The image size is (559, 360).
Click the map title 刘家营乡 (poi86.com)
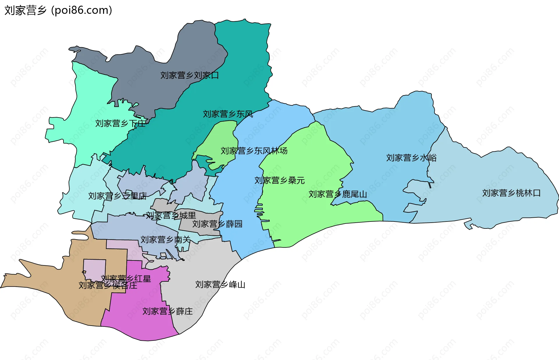click(x=58, y=10)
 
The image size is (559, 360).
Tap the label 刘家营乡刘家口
click(x=190, y=75)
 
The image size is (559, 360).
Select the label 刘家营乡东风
click(x=228, y=114)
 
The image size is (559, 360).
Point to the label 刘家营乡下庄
click(x=120, y=123)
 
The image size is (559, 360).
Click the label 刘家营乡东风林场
click(x=254, y=151)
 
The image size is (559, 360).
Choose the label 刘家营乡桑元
click(x=279, y=180)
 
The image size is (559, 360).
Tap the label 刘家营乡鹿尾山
click(x=337, y=194)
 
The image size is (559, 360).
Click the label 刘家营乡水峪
click(x=411, y=158)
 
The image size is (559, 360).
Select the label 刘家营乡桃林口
click(x=511, y=193)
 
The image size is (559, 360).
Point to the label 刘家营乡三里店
click(x=117, y=196)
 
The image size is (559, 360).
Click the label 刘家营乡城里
click(x=171, y=215)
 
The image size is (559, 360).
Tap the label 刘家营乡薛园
click(x=217, y=224)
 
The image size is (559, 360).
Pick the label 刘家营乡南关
click(x=165, y=240)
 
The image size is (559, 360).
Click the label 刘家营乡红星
click(x=126, y=279)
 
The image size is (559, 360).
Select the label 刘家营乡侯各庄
click(x=108, y=285)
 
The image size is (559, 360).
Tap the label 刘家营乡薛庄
click(x=167, y=311)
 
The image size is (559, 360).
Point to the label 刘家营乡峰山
click(x=220, y=284)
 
